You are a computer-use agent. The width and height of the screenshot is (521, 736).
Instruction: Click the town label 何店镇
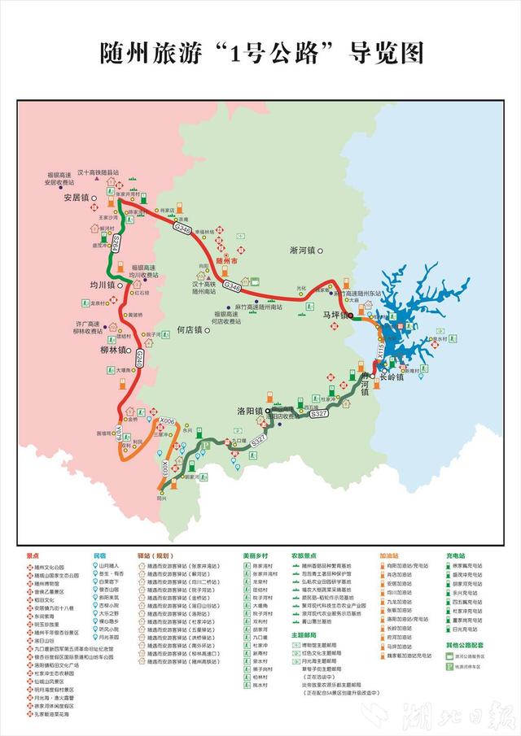pos(188,330)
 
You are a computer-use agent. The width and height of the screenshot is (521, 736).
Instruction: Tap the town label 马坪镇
pos(334,313)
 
